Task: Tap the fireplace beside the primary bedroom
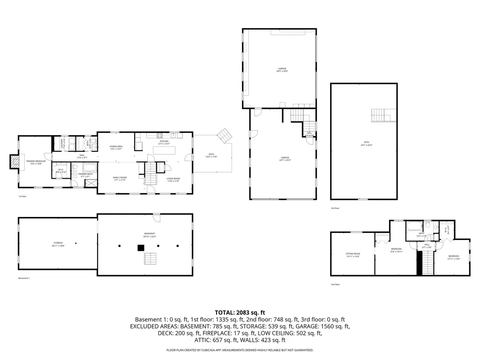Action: (x=15, y=162)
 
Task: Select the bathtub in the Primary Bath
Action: (x=89, y=167)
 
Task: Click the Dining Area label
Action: (x=116, y=147)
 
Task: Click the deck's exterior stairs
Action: (x=225, y=135)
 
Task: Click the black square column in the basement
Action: (x=140, y=247)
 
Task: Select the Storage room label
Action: (x=58, y=243)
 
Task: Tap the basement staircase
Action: (x=150, y=259)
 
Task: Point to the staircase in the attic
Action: (x=379, y=115)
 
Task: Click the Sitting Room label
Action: (x=352, y=253)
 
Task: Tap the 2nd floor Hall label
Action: (x=427, y=244)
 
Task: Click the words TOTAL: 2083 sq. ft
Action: (x=240, y=312)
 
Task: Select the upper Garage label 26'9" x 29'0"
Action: (x=282, y=68)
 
